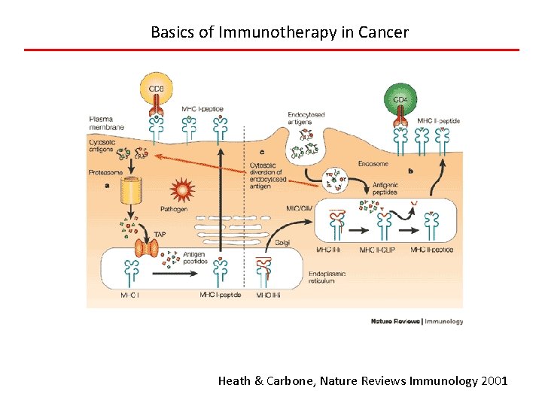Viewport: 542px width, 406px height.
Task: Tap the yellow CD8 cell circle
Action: click(157, 89)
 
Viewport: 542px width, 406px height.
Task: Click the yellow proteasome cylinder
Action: click(136, 193)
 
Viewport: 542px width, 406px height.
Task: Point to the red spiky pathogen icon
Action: click(183, 189)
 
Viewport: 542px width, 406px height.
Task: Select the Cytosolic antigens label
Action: click(102, 144)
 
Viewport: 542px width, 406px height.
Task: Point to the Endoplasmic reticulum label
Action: click(327, 277)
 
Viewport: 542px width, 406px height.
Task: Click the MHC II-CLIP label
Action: click(380, 250)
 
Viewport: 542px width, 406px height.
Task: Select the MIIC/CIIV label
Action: click(300, 208)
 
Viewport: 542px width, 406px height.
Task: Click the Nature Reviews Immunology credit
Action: click(417, 321)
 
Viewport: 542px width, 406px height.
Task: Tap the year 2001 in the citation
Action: click(495, 381)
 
